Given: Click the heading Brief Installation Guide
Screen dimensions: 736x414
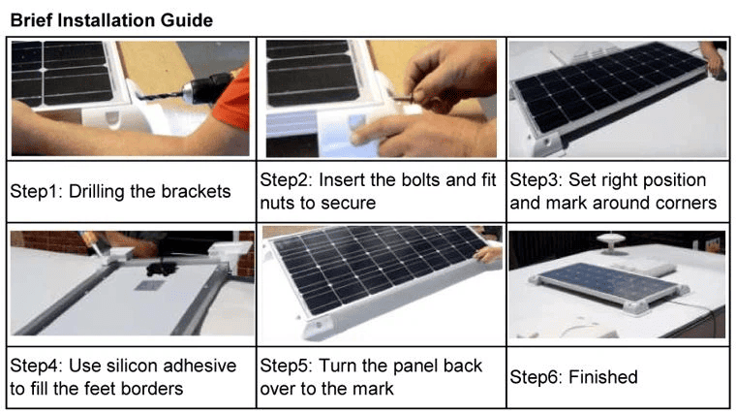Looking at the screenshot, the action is point(111,20).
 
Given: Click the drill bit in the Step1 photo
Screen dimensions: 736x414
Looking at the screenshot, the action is point(159,96).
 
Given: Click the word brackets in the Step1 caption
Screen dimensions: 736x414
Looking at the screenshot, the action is point(197,192).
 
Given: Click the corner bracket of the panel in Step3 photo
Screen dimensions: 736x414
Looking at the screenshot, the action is point(548,143).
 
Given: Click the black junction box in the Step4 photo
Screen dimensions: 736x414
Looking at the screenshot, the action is point(161,269).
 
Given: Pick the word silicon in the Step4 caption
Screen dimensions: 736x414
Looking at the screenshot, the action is point(134,366).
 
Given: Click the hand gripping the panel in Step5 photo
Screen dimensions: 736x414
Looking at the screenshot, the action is point(487,254).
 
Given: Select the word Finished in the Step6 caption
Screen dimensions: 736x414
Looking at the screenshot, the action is point(602,377).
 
